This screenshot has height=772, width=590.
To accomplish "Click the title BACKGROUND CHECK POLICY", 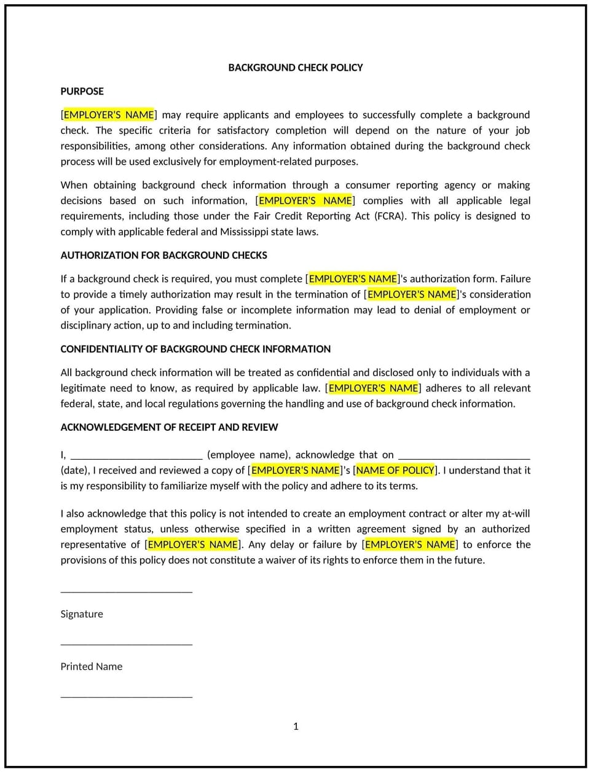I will pyautogui.click(x=295, y=68).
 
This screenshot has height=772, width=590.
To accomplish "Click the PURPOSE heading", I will pyautogui.click(x=82, y=91).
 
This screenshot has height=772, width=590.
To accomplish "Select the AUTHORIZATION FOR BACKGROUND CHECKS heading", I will pyautogui.click(x=163, y=255).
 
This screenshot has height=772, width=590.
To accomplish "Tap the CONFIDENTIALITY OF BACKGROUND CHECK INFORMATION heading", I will pyautogui.click(x=195, y=349).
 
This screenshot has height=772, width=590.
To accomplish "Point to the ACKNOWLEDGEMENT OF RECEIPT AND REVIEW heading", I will pyautogui.click(x=169, y=427).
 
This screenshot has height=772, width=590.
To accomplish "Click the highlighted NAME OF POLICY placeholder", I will pyautogui.click(x=395, y=470).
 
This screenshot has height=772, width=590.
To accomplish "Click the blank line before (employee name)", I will pyautogui.click(x=136, y=456).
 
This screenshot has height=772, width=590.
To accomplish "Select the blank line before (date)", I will pyautogui.click(x=464, y=456).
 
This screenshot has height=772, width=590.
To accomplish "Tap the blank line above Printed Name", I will pyautogui.click(x=126, y=644).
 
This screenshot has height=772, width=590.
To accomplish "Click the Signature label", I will pyautogui.click(x=82, y=614).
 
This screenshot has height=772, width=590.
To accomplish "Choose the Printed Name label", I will pyautogui.click(x=91, y=666).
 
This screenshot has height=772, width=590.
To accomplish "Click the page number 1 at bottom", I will pyautogui.click(x=296, y=727).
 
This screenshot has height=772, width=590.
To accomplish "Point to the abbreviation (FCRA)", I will pyautogui.click(x=390, y=216).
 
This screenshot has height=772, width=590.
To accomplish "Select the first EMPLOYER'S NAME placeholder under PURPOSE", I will pyautogui.click(x=109, y=115).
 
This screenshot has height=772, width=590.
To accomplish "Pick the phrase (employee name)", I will pyautogui.click(x=248, y=455).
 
